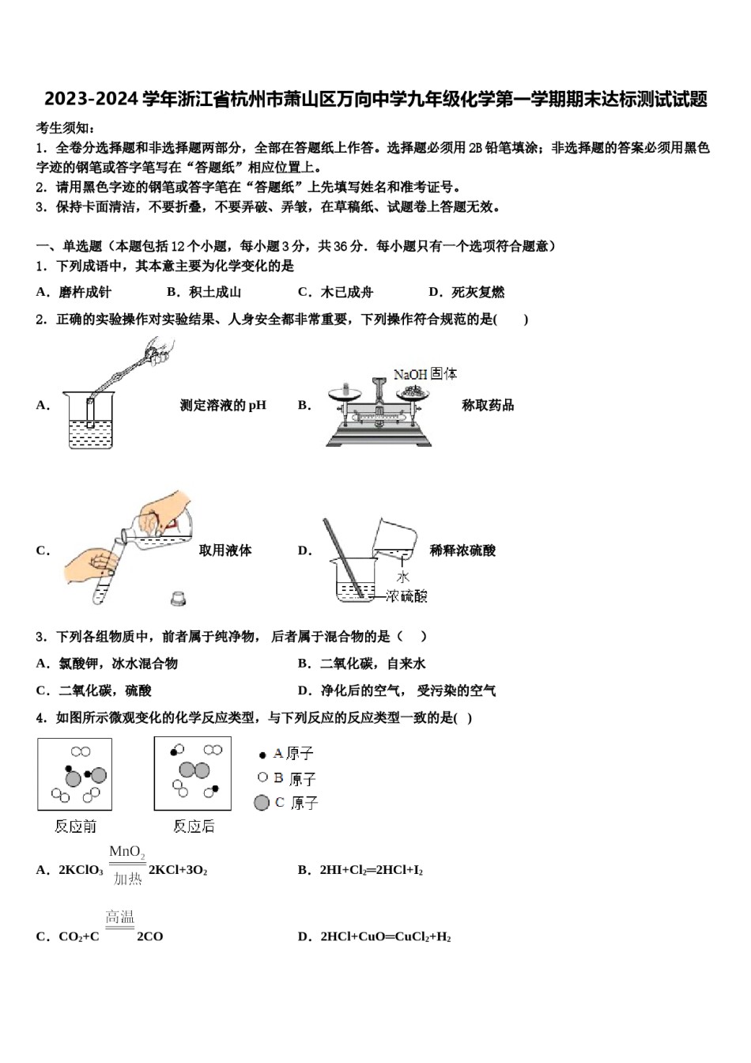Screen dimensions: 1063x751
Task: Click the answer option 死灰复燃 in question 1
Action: (x=477, y=292)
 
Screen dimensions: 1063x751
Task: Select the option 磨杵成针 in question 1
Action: (x=85, y=292)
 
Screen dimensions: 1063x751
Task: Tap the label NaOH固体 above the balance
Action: (x=425, y=373)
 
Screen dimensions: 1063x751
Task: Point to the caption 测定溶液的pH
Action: (x=223, y=405)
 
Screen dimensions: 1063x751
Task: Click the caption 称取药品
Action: (x=488, y=405)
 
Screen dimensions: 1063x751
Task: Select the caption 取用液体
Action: (x=225, y=550)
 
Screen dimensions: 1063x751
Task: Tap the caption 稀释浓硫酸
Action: (x=462, y=550)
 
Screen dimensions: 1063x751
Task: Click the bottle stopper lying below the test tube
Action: (x=179, y=599)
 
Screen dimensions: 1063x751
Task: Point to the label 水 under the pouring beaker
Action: (x=403, y=577)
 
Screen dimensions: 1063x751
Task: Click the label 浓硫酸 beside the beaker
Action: (x=406, y=596)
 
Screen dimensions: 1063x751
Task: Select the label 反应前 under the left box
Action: (x=75, y=826)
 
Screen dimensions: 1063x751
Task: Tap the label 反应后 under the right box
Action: (x=194, y=826)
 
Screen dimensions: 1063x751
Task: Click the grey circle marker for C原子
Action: (x=262, y=803)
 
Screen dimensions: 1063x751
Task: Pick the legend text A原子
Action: (x=293, y=754)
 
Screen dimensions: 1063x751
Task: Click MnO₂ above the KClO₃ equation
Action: (x=126, y=853)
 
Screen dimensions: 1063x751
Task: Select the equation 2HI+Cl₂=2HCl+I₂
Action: (x=371, y=870)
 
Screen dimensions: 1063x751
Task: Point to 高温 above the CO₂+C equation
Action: (x=120, y=917)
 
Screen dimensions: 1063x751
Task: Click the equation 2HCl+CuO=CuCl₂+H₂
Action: (x=385, y=936)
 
